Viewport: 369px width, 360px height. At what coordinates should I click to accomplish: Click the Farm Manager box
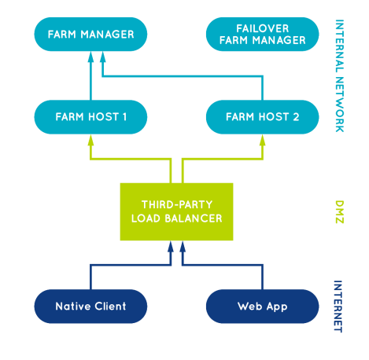tap(90, 35)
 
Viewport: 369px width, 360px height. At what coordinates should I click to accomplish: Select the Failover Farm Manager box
tap(261, 35)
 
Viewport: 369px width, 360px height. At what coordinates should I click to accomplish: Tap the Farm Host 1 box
tap(90, 118)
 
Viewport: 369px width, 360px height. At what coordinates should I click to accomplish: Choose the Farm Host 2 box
tap(261, 118)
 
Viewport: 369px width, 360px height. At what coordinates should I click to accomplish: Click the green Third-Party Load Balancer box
tap(176, 211)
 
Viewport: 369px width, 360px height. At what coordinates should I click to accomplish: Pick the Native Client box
tap(90, 306)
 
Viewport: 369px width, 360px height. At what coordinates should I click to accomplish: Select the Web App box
tap(261, 306)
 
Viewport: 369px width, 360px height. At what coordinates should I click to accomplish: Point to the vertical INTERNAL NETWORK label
tap(339, 75)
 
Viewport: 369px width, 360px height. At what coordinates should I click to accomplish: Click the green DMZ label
tap(339, 211)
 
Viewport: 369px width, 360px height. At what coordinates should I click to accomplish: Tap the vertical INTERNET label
tap(339, 306)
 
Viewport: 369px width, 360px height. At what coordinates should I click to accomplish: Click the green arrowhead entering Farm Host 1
tap(90, 139)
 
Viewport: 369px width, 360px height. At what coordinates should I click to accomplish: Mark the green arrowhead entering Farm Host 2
tap(261, 139)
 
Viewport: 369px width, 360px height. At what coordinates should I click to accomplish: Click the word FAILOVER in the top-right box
tap(261, 29)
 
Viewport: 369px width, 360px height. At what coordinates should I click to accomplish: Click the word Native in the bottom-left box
tap(72, 306)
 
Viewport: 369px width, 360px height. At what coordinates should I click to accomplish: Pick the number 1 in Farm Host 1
tap(123, 118)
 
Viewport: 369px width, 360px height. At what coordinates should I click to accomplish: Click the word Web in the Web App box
tap(249, 306)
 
